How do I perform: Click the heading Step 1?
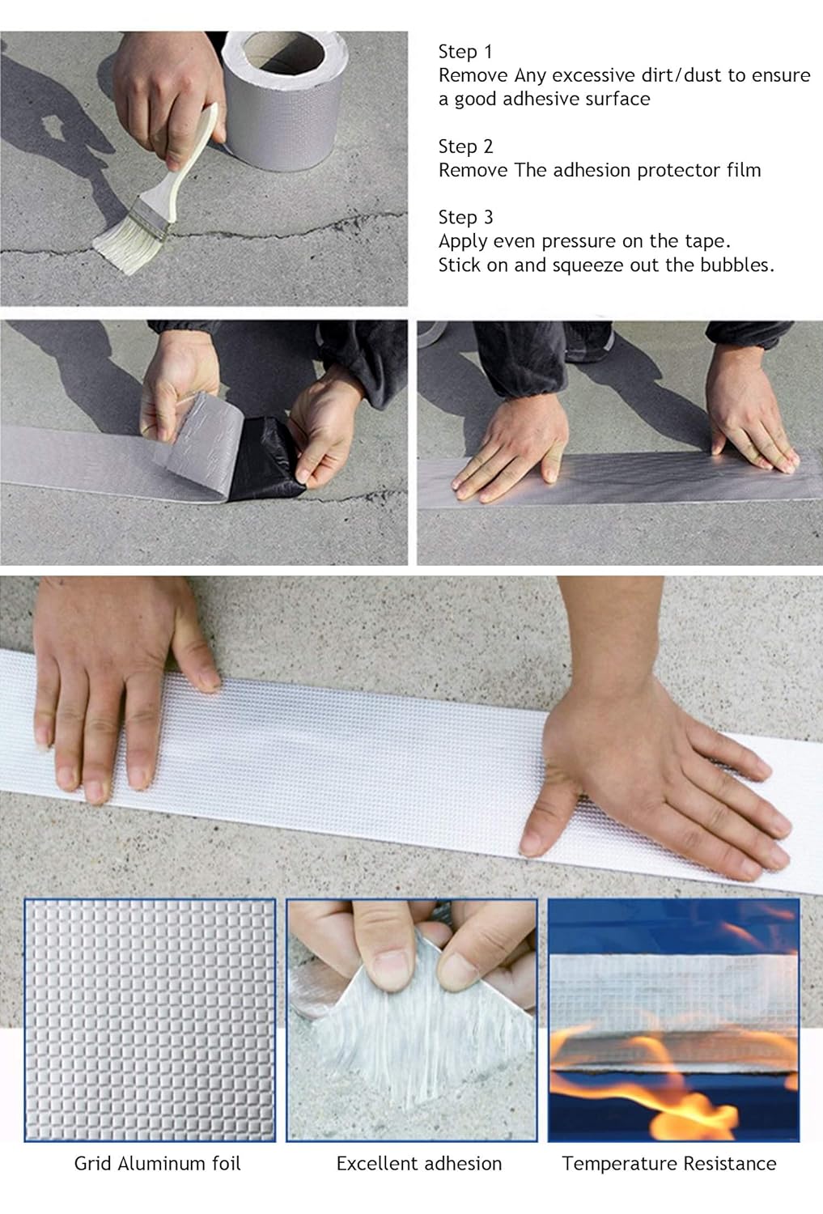coord(465,52)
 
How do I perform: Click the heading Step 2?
coord(465,146)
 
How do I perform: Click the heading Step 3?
coord(465,217)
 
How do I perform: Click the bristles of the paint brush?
coord(125,231)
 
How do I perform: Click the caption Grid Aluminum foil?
coord(157,1164)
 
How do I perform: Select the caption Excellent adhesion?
coord(418,1164)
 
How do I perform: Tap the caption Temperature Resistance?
coord(668,1164)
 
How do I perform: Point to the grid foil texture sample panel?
coord(149,1020)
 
